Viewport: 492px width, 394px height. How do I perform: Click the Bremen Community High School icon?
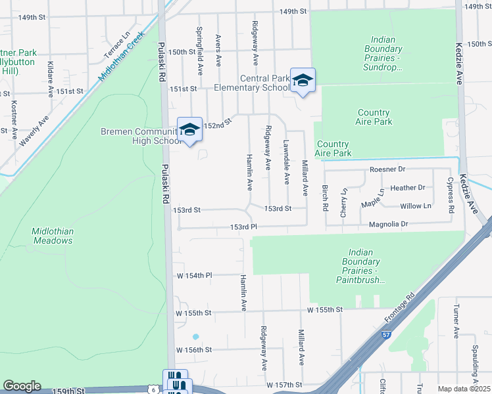[189, 130]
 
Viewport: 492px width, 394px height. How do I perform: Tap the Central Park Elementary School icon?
[303, 81]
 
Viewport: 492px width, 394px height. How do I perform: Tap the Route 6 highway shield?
[154, 389]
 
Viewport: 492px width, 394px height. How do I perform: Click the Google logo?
[22, 386]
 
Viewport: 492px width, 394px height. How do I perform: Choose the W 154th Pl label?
[191, 275]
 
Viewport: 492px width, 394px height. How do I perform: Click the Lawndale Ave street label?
[286, 162]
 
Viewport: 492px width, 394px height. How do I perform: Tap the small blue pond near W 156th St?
[195, 336]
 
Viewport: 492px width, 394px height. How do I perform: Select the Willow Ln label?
[416, 206]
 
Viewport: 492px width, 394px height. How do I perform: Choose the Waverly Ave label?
[34, 131]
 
